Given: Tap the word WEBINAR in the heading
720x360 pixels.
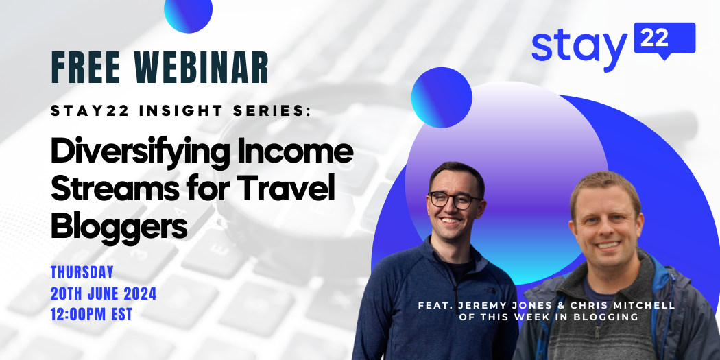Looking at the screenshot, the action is (x=202, y=67).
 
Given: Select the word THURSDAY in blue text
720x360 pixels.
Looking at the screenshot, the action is (x=82, y=272).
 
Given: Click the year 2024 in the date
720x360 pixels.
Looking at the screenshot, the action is (x=140, y=293).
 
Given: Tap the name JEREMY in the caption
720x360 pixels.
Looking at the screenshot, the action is (x=476, y=306).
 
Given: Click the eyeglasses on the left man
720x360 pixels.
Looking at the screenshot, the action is (x=455, y=200).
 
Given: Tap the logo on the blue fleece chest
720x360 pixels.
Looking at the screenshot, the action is (x=490, y=290).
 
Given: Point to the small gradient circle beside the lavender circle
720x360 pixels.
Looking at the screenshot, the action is (x=442, y=97).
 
